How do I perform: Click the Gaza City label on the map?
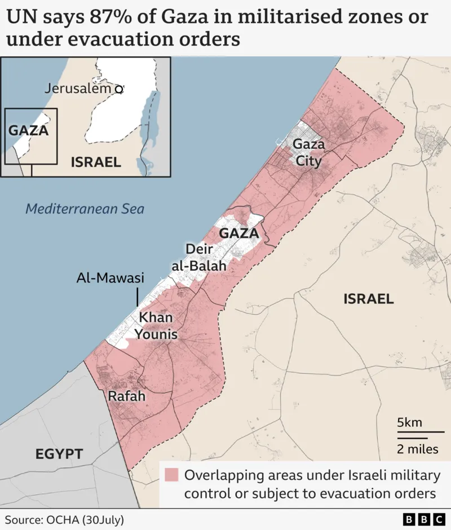308,153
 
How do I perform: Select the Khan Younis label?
156,325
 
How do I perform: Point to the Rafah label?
126,396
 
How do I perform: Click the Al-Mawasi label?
110,278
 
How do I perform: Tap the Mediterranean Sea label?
85,209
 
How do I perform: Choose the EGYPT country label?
59,453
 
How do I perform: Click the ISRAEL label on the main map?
369,299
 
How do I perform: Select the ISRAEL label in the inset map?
96,162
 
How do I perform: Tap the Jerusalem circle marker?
118,89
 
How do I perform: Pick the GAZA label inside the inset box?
28,130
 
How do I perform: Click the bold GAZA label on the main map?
238,233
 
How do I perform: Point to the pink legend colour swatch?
171,475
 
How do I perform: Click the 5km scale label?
409,422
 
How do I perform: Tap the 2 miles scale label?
417,449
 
